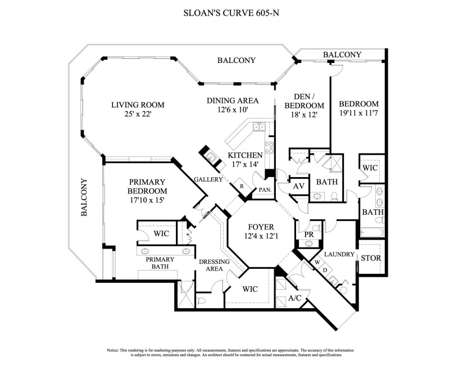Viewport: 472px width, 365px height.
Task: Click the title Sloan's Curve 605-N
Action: pos(236,12)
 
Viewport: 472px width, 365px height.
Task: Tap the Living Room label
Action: pos(138,109)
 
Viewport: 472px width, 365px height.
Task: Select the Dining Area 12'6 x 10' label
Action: pos(233,105)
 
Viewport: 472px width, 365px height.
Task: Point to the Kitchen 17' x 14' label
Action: pos(244,160)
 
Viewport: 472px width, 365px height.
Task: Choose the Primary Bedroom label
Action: pos(147,191)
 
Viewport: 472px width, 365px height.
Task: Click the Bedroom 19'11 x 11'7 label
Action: pos(359,109)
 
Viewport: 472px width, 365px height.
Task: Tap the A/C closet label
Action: pos(295,299)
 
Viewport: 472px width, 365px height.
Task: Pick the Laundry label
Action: pos(340,254)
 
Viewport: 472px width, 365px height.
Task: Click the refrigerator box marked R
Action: pos(242,186)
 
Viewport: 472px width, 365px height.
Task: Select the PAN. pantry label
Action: pos(265,190)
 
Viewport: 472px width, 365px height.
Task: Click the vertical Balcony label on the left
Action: pos(84,197)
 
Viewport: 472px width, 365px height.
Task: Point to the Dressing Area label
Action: pos(211,264)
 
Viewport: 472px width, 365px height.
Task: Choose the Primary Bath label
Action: pos(160,263)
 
